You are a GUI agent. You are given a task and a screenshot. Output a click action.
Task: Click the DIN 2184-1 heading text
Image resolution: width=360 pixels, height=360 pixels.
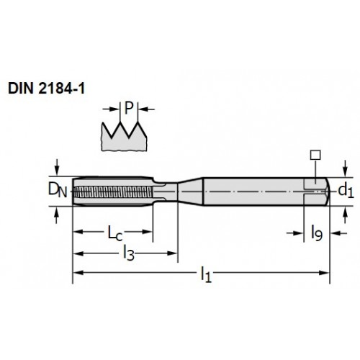point(47,89)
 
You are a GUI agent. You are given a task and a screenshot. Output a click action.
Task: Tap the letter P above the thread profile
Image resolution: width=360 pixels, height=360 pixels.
point(129,108)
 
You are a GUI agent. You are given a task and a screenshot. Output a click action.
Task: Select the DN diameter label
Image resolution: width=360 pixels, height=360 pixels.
point(58,189)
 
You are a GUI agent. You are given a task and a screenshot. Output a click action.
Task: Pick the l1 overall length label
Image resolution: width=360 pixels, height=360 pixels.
point(206,275)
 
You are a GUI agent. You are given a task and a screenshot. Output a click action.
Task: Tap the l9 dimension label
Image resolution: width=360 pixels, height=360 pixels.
point(317,233)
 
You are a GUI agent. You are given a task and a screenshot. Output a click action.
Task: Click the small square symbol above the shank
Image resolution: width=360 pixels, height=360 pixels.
point(315,155)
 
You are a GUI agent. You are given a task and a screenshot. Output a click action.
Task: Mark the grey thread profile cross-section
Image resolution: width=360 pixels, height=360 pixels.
point(124,138)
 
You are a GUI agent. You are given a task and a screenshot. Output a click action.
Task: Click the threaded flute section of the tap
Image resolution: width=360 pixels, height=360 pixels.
point(113,192)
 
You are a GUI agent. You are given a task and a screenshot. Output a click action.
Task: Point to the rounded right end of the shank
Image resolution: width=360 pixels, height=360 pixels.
point(328,192)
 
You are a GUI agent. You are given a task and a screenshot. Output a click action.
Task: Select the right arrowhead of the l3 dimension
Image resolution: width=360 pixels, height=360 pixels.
point(172,253)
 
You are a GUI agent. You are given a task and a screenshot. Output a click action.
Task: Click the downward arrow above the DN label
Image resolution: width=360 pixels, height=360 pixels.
point(57,167)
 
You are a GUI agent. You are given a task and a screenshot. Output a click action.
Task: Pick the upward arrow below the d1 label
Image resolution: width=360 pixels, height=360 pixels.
point(345,215)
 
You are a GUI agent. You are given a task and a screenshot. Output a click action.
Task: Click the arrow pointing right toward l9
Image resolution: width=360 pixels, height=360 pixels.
point(295,233)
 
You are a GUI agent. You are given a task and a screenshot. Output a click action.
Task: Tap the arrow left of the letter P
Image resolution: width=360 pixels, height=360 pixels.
point(111,109)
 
